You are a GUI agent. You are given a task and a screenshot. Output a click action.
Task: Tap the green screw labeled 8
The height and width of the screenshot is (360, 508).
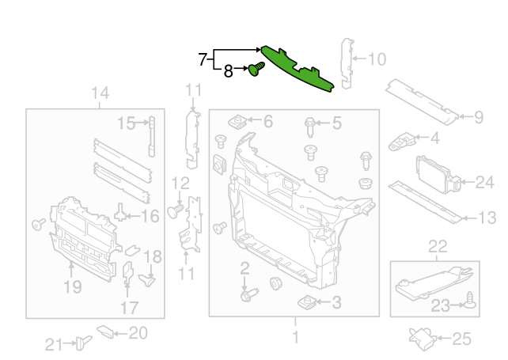tap(256, 69)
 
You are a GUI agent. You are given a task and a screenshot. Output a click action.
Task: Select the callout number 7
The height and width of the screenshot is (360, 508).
tap(203, 59)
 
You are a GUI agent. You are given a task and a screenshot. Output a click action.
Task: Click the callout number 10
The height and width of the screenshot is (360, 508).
tap(377, 59)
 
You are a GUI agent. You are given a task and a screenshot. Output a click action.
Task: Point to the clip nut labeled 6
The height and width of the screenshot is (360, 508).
tap(238, 122)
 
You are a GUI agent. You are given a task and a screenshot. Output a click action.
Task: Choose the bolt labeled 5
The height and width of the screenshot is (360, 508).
tap(310, 127)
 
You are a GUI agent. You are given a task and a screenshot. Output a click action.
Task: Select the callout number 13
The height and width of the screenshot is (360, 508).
tap(487, 218)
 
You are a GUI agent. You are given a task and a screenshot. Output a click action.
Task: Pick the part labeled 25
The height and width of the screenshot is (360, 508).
tap(423, 339)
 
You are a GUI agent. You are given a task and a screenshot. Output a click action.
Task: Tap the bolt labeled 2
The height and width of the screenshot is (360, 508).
tap(249, 294)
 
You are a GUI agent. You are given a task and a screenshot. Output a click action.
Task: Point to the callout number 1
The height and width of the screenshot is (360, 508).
tap(295, 337)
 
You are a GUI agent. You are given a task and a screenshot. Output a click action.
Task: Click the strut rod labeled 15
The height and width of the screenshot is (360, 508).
tap(152, 137)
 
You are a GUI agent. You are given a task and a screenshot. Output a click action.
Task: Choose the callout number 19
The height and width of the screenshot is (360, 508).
tap(73, 286)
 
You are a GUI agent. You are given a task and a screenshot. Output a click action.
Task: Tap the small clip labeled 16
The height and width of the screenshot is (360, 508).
tap(120, 213)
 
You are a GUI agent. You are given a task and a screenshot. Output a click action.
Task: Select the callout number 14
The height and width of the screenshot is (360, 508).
tap(100, 93)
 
